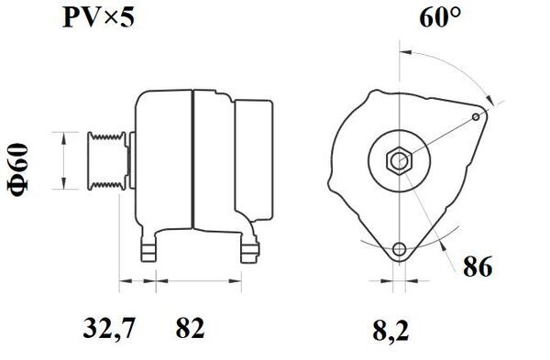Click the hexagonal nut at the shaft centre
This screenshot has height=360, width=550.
point(400,160)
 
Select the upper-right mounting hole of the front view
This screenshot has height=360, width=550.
point(475,116)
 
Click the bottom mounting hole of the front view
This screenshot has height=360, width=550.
point(400,249)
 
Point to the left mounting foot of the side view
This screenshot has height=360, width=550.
point(147,248)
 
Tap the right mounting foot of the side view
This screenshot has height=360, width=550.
point(247,248)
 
